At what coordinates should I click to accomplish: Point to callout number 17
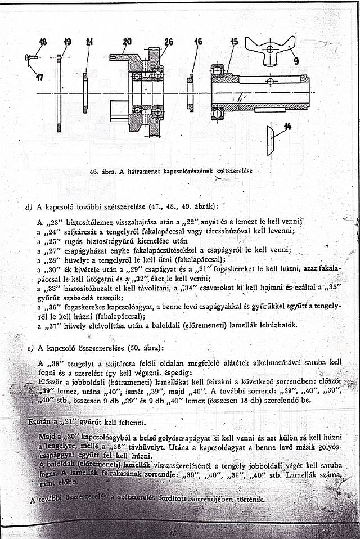pyautogui.click(x=39, y=78)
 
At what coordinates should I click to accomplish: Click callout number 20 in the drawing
pyautogui.click(x=127, y=41)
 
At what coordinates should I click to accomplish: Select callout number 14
pyautogui.click(x=288, y=127)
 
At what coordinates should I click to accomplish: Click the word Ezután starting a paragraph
pyautogui.click(x=39, y=420)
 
